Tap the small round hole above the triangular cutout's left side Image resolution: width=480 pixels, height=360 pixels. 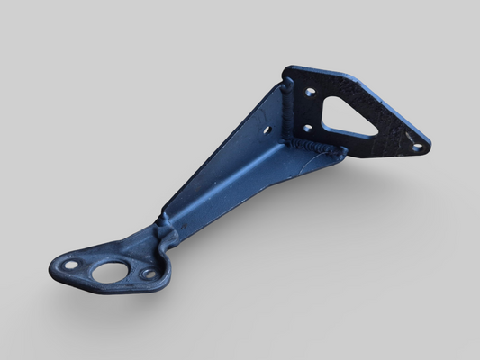pyautogui.click(x=310, y=92)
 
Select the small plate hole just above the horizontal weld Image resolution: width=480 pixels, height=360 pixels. pyautogui.click(x=307, y=128)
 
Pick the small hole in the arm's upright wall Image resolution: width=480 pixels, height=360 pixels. pyautogui.click(x=267, y=130)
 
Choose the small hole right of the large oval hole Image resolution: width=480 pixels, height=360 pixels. pyautogui.click(x=148, y=273)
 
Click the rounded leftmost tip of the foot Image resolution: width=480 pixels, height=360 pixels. pyautogui.click(x=51, y=267)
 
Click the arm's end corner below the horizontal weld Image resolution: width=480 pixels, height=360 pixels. pyautogui.click(x=341, y=156)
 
